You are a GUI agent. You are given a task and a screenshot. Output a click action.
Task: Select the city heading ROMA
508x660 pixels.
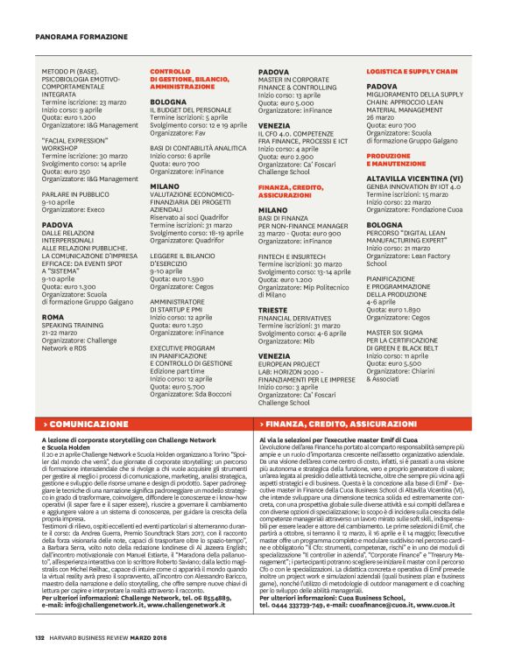(53, 317)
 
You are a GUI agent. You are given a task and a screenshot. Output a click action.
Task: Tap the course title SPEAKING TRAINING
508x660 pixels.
(76, 326)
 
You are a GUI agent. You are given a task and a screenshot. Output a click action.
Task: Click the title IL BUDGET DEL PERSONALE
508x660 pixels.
(190, 109)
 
